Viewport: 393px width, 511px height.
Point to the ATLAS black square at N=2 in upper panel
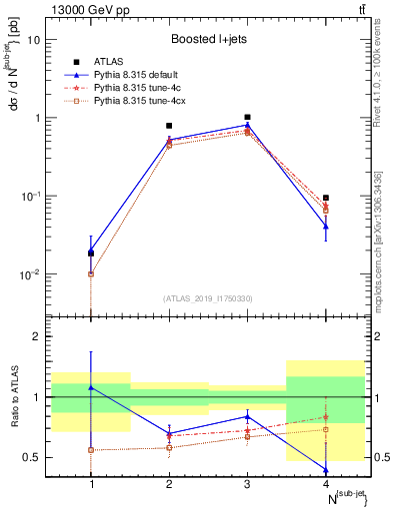tap(169, 126)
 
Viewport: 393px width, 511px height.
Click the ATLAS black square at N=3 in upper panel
tap(247, 117)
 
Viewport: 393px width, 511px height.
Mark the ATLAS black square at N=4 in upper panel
tap(326, 198)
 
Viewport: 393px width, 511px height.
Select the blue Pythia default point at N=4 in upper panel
tap(326, 227)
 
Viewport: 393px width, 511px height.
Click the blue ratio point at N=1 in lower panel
tap(91, 387)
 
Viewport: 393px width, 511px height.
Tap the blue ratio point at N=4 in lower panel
tap(326, 469)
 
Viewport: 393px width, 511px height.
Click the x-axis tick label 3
tap(247, 485)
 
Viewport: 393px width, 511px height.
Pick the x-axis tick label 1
tap(91, 485)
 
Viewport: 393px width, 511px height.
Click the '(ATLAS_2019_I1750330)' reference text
tap(208, 298)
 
